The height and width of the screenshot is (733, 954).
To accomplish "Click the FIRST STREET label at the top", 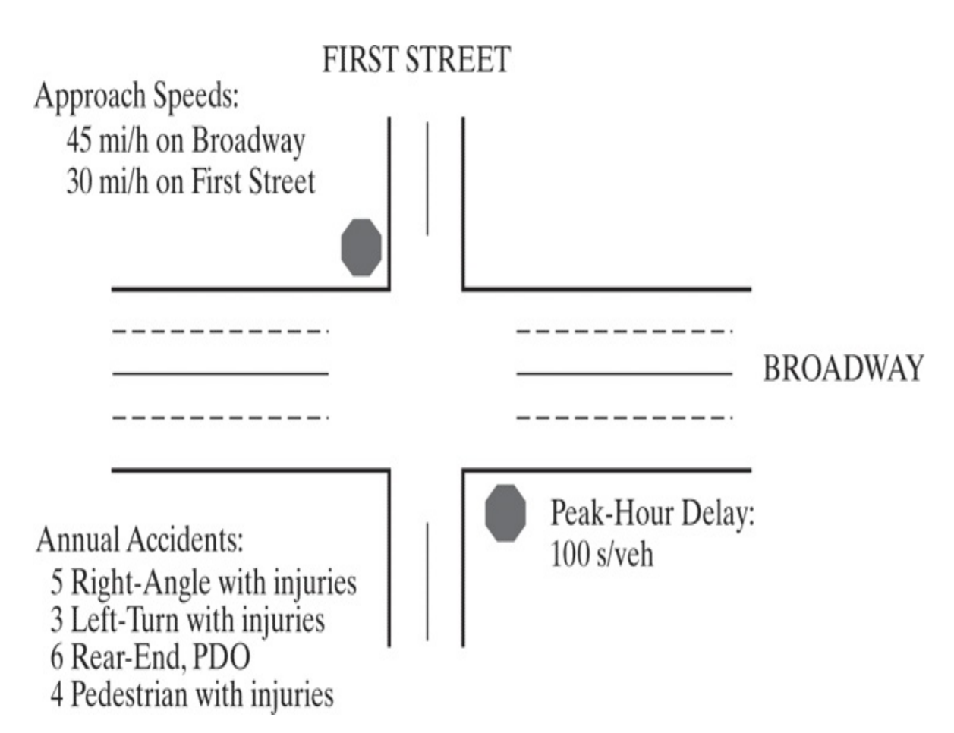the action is pyautogui.click(x=416, y=59).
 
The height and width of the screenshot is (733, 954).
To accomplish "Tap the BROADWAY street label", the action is pyautogui.click(x=843, y=369).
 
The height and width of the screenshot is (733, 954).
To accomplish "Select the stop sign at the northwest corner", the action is pyautogui.click(x=361, y=247).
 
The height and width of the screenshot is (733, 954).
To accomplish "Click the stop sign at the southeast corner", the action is pyautogui.click(x=505, y=513).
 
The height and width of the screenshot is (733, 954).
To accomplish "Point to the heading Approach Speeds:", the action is pyautogui.click(x=137, y=96).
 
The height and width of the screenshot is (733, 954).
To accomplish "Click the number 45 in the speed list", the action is pyautogui.click(x=80, y=140).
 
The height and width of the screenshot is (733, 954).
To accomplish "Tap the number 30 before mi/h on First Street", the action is pyautogui.click(x=80, y=181).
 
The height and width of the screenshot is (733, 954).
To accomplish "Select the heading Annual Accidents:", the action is pyautogui.click(x=140, y=540).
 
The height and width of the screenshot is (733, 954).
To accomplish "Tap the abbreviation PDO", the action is pyautogui.click(x=222, y=657).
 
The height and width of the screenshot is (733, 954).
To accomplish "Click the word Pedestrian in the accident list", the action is pyautogui.click(x=129, y=695).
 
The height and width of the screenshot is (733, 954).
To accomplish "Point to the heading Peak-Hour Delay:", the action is pyautogui.click(x=653, y=513).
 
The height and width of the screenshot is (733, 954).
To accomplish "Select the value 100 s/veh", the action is pyautogui.click(x=601, y=555).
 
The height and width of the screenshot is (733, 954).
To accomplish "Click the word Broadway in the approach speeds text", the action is pyautogui.click(x=248, y=141).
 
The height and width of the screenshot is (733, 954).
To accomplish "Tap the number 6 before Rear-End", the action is pyautogui.click(x=57, y=657).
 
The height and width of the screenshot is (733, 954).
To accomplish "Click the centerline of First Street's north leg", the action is pyautogui.click(x=427, y=178).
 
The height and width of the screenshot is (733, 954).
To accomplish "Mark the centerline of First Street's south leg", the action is pyautogui.click(x=427, y=581).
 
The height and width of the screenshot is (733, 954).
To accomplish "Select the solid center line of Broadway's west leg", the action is pyautogui.click(x=220, y=374).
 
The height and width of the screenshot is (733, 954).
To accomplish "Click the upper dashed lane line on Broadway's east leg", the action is pyautogui.click(x=625, y=332).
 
